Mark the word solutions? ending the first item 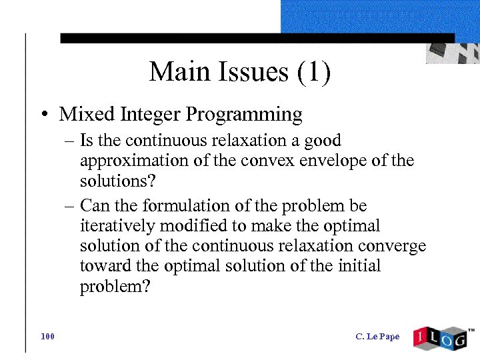coord(111,181)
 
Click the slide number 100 coord(47,337)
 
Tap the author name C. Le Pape coord(377,337)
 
